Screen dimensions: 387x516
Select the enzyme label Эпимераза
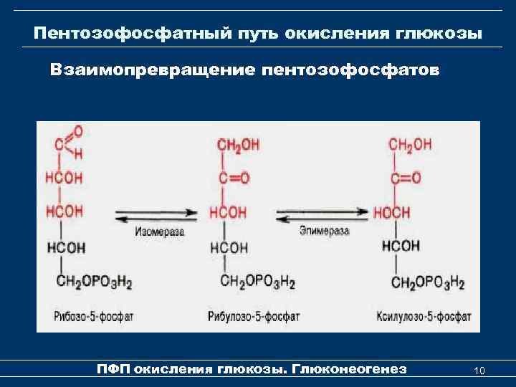click(324, 231)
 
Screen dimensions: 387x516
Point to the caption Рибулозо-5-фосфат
click(254, 315)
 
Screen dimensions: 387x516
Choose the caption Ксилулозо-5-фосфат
click(424, 315)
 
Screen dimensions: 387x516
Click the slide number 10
click(479, 370)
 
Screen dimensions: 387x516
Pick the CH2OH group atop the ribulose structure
click(238, 145)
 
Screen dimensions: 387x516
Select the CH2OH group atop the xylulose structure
click(411, 145)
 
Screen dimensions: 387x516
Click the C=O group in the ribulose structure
click(234, 178)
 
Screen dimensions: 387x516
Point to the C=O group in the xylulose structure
click(406, 178)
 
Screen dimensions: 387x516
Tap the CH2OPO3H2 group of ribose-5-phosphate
click(95, 282)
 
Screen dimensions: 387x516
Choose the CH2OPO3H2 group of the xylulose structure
click(429, 282)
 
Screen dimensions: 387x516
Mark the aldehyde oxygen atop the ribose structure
click(77, 131)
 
